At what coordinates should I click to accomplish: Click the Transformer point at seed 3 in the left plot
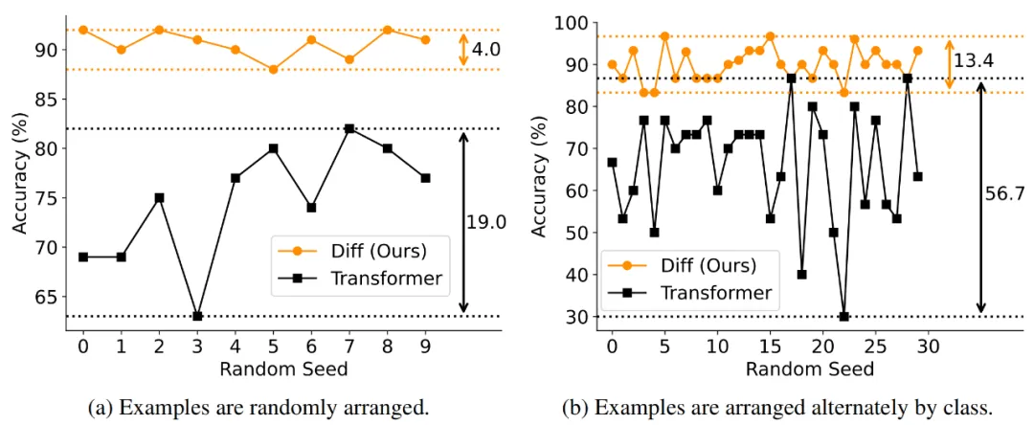pyautogui.click(x=196, y=316)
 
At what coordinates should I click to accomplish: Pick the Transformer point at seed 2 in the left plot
pyautogui.click(x=159, y=197)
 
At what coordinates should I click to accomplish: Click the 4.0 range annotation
pyautogui.click(x=486, y=49)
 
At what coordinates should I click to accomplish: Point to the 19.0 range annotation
pyautogui.click(x=484, y=222)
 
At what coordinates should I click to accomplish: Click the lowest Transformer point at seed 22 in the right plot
pyautogui.click(x=843, y=316)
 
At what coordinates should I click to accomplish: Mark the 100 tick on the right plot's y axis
pyautogui.click(x=573, y=22)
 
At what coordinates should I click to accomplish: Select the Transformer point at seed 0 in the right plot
pyautogui.click(x=612, y=162)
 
